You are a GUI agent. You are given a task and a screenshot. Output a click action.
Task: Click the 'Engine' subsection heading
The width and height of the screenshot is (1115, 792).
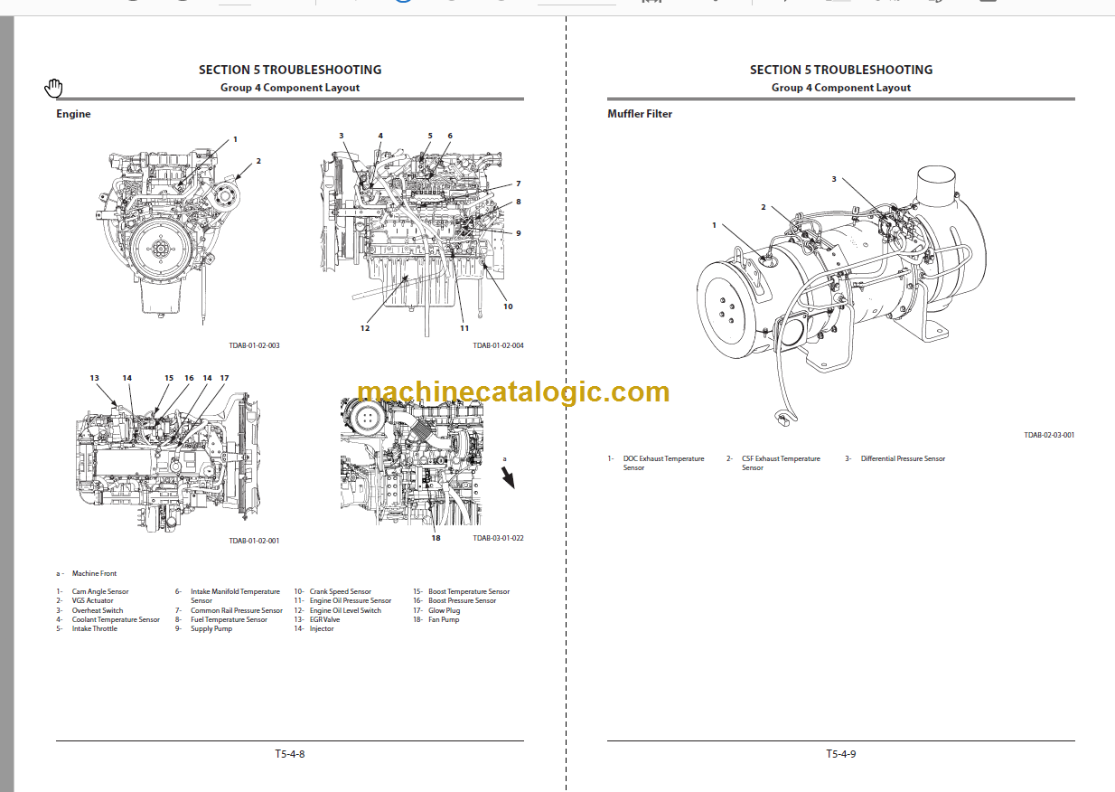[x=73, y=114]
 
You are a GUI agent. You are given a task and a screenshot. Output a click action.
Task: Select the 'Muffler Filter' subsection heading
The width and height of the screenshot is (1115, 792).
[x=640, y=114]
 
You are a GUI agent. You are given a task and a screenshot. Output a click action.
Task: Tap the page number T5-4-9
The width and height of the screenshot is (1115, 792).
[x=840, y=754]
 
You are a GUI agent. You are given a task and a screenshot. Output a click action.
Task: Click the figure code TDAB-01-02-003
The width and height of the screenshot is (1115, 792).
[x=254, y=345]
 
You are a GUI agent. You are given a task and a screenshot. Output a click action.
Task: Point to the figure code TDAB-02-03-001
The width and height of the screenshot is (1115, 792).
[x=1049, y=435]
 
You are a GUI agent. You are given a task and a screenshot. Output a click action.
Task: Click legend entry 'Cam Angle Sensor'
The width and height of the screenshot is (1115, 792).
[x=100, y=591]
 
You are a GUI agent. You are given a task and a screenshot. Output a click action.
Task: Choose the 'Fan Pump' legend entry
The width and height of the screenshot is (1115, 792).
[x=444, y=619]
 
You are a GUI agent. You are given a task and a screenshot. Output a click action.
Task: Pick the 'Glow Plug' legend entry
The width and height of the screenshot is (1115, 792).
[x=444, y=610]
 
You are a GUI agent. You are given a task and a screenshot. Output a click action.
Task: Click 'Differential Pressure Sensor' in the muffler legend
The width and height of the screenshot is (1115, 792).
[x=903, y=458]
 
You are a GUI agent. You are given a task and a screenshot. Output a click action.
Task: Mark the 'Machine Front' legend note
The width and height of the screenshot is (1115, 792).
[x=94, y=573]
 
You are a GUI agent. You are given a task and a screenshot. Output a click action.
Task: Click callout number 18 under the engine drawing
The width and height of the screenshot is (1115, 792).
[x=436, y=538]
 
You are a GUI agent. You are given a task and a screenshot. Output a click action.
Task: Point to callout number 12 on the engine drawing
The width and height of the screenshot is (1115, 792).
[x=365, y=328]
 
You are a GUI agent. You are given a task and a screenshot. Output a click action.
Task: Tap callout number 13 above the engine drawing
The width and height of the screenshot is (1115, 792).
[x=94, y=378]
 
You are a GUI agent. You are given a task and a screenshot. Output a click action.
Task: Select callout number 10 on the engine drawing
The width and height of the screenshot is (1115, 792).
[x=508, y=306]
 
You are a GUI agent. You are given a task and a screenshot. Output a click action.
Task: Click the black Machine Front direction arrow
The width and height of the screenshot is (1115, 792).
[x=508, y=476]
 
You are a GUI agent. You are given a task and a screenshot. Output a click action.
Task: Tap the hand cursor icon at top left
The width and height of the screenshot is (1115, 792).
[x=54, y=88]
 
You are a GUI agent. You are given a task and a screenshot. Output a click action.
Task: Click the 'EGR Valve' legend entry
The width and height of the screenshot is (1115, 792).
[x=324, y=619]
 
